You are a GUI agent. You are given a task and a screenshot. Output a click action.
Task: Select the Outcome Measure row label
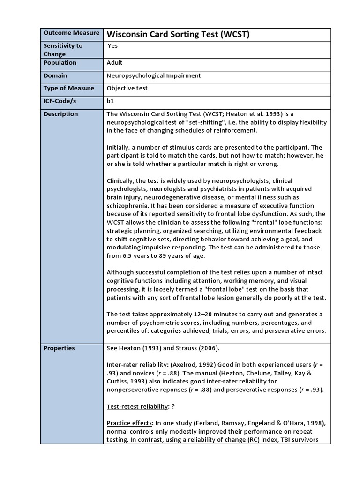71,33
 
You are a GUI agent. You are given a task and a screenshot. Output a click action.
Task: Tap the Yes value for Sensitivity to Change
112,46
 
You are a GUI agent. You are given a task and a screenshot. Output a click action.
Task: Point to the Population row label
60,63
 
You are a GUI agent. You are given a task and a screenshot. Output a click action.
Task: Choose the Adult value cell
115,63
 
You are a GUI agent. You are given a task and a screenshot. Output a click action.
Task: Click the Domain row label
55,75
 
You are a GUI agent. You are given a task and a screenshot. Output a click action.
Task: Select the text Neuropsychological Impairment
154,75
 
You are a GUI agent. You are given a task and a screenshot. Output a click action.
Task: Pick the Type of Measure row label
68,88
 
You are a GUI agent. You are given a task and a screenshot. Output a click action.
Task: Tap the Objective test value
127,88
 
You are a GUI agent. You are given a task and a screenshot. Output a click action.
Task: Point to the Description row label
61,114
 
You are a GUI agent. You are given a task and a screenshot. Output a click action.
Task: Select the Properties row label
59,348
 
